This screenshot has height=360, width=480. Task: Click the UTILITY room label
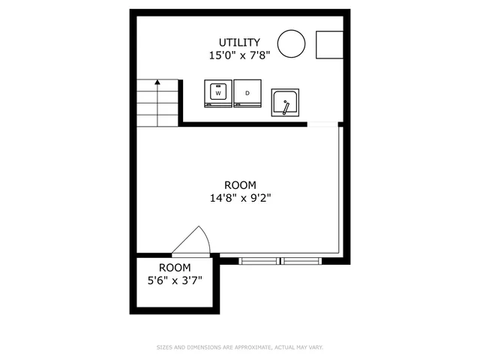[x=239, y=42]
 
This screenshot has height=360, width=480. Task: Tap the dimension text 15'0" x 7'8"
[x=239, y=55]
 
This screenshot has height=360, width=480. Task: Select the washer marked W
[x=218, y=94]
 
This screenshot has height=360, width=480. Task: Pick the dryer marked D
[x=247, y=94]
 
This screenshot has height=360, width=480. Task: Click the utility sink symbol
[x=286, y=103]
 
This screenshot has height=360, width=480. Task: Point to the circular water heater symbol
[x=291, y=43]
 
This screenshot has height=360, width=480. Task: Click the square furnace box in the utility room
[x=329, y=45]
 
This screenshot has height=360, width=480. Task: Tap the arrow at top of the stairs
[x=157, y=83]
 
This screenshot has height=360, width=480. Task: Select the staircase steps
[x=157, y=103]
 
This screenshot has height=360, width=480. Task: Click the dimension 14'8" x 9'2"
[x=240, y=199]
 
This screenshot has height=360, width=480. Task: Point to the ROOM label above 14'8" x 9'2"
[x=240, y=185]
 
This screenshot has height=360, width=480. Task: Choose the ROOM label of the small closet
[x=174, y=268]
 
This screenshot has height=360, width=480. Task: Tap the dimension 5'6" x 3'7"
[x=174, y=280]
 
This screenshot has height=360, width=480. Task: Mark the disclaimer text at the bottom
[x=239, y=347]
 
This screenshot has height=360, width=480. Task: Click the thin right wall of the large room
[x=341, y=191]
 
